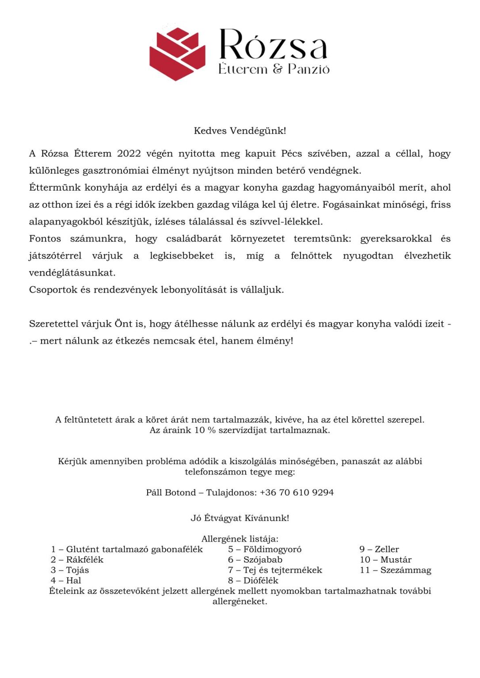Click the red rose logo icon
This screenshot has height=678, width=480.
177,54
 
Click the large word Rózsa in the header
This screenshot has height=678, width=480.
273,45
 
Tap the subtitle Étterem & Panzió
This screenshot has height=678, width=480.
274,69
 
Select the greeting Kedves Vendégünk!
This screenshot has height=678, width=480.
240,131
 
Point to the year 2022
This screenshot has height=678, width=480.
129,154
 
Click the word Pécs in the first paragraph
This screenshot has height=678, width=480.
291,154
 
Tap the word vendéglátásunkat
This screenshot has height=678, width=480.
72,273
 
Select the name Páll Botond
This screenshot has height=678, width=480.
171,493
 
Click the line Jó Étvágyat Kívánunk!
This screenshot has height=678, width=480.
240,518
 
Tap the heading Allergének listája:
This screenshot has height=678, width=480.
240,539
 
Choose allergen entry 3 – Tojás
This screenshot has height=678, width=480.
70,570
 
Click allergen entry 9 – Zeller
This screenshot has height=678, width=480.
379,550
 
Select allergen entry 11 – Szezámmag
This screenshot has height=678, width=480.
395,570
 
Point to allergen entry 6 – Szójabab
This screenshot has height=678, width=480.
255,560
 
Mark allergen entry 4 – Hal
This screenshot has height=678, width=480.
66,581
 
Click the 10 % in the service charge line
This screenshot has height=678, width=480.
205,430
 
